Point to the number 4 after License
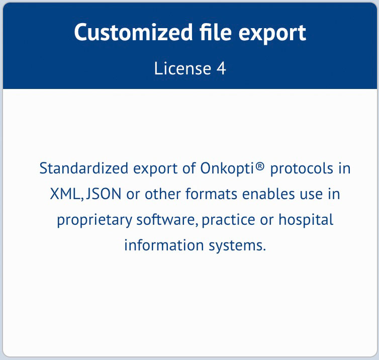point(221,68)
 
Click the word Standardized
point(82,168)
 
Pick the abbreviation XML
point(65,194)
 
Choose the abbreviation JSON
point(104,194)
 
